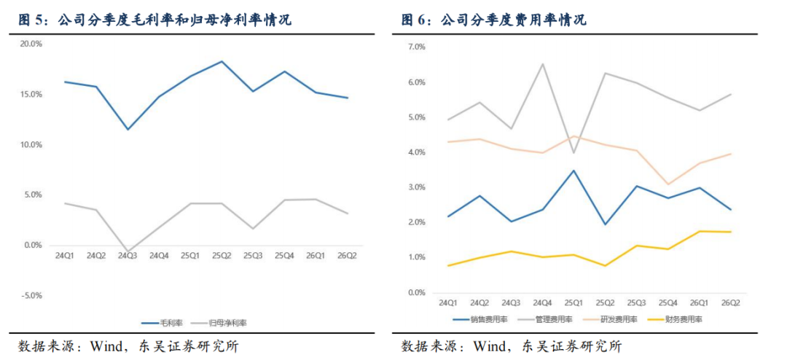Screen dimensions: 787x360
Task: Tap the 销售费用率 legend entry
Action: tap(481, 319)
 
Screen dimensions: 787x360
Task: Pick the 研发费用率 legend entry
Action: tap(610, 319)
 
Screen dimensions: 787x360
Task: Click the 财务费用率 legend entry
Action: tap(674, 319)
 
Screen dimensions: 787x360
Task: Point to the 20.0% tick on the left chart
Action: tap(31, 44)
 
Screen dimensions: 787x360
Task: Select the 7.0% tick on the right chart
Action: tap(416, 47)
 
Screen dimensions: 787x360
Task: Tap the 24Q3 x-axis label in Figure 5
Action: tap(127, 255)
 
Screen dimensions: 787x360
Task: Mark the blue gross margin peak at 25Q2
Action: tap(222, 61)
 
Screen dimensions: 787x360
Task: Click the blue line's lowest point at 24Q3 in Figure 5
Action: tap(128, 130)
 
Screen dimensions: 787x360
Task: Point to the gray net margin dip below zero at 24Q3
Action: tap(128, 251)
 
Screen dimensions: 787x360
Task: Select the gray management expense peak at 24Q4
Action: tap(543, 64)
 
